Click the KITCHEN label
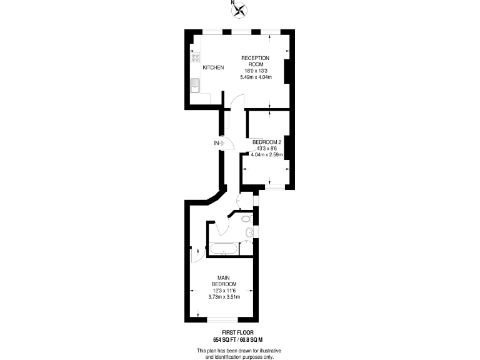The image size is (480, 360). point(212,67)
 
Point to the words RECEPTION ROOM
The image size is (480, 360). point(255,61)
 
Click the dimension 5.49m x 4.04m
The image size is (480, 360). point(256,77)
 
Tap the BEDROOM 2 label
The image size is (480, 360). point(267,142)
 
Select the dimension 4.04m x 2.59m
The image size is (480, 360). point(267,155)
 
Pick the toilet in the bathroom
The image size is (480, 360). point(246,220)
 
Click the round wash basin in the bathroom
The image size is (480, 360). point(249,233)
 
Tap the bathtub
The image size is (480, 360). point(223,250)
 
